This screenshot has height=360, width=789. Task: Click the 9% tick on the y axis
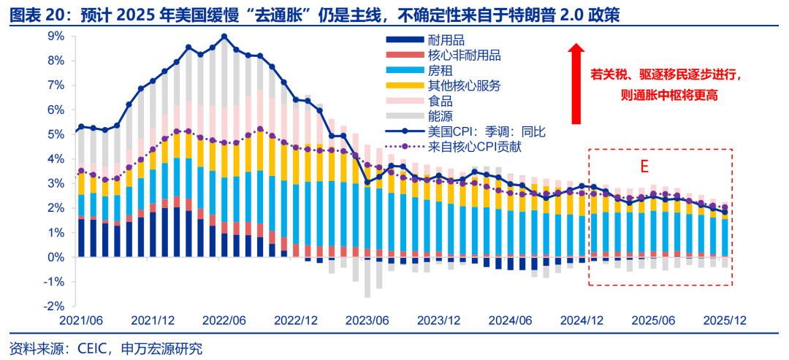point(55,36)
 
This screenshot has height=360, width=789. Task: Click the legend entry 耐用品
point(446,40)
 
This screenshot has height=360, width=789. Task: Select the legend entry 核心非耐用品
point(464,55)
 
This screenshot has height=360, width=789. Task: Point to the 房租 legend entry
point(441,71)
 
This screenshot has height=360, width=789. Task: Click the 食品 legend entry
point(441,102)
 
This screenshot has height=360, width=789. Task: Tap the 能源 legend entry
point(441,116)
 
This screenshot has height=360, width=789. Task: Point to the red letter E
point(644,166)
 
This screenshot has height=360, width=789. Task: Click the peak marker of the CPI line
point(224,37)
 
